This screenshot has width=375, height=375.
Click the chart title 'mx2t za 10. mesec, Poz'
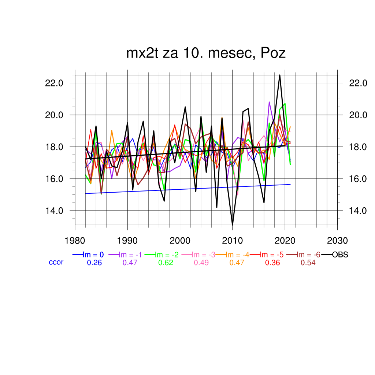pyautogui.click(x=206, y=53)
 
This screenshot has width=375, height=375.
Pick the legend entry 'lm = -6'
pyautogui.click(x=308, y=255)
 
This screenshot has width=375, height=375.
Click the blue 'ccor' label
pyautogui.click(x=56, y=262)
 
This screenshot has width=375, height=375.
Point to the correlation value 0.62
pyautogui.click(x=166, y=263)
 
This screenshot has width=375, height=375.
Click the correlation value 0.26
pyautogui.click(x=94, y=263)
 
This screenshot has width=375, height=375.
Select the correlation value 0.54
pyautogui.click(x=308, y=263)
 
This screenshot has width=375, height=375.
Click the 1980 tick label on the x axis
pyautogui.click(x=75, y=241)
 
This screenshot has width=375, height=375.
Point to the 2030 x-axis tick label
pyautogui.click(x=337, y=241)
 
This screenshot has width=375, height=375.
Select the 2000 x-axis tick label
pyautogui.click(x=180, y=241)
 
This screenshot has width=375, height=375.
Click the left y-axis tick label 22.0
pyautogui.click(x=54, y=83)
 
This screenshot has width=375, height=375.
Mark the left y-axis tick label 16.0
pyautogui.click(x=54, y=179)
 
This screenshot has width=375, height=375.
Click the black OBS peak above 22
pyautogui.click(x=280, y=75)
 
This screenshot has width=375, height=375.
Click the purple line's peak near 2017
pyautogui.click(x=269, y=102)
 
